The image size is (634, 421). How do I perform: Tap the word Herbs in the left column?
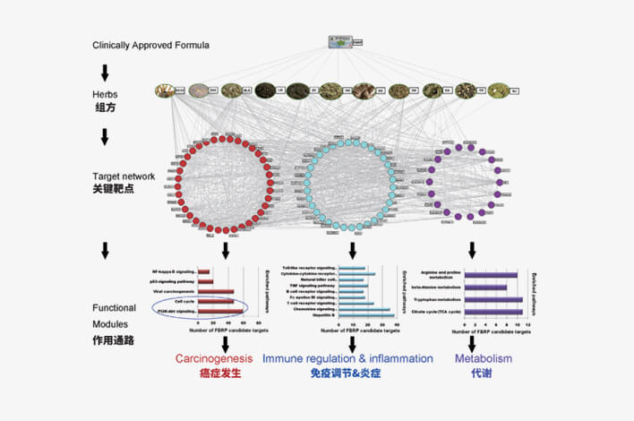coord(106,93)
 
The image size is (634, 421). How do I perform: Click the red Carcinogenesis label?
coord(212,359)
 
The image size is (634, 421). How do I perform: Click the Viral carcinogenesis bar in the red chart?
coord(216,291)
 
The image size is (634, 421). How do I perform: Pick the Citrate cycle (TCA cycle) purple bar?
coord(492,313)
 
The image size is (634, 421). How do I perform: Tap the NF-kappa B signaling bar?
coord(203,271)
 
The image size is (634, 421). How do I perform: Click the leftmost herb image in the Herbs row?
coord(164,90)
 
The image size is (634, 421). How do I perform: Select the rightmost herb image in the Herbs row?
coord(498,90)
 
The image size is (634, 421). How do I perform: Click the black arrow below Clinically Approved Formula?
coord(106,71)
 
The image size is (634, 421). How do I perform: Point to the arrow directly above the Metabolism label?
coord(472,343)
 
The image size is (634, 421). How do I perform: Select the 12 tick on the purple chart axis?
coord(529,323)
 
